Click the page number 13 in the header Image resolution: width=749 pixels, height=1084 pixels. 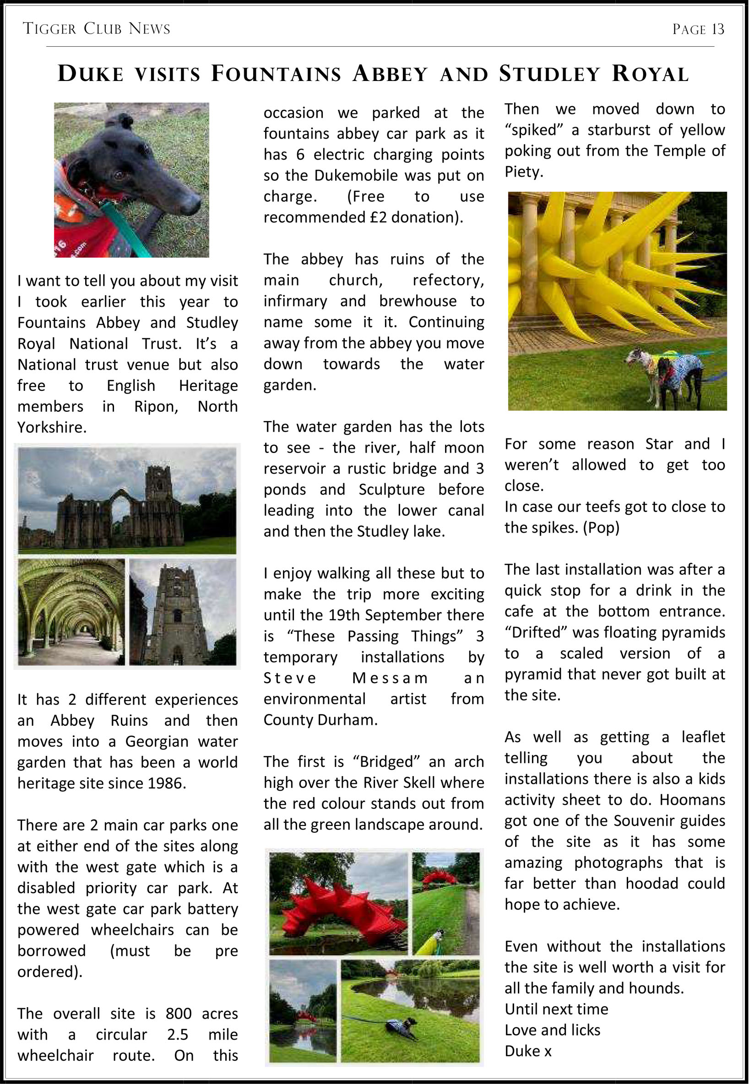717,29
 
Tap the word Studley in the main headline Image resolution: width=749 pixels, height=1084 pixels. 549,74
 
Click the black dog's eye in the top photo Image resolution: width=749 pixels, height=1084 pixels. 118,175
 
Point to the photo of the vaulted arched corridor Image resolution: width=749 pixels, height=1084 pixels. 71,612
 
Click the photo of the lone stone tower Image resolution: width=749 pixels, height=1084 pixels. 183,612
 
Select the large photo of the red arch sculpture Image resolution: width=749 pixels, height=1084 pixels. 338,903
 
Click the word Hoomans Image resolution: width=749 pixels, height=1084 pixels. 692,799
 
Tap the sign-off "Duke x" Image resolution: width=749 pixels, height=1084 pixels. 528,1051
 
